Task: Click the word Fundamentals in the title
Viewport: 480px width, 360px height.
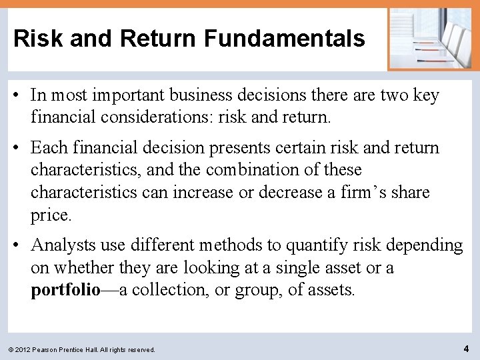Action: coord(285,39)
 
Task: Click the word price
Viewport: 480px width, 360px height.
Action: coord(50,215)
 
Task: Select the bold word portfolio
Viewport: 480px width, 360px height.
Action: coord(65,290)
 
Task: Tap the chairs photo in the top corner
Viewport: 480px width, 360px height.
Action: coord(429,38)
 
